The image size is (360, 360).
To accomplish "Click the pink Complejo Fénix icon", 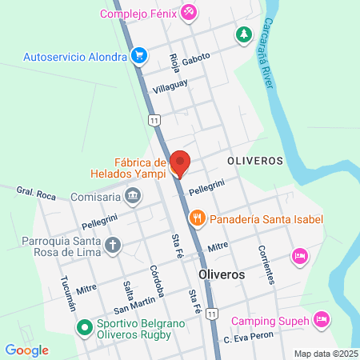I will [188, 12].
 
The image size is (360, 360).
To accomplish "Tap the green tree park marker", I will [242, 34].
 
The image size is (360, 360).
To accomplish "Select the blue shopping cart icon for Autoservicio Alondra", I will [140, 56].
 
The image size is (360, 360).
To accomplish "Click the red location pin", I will [180, 162].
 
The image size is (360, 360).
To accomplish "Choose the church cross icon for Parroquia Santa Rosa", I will [114, 245].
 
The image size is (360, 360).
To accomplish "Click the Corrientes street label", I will [267, 263].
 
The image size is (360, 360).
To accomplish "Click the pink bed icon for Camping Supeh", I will [321, 319].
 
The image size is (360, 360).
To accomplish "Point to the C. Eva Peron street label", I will [249, 338].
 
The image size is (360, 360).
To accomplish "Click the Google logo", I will [26, 350].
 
